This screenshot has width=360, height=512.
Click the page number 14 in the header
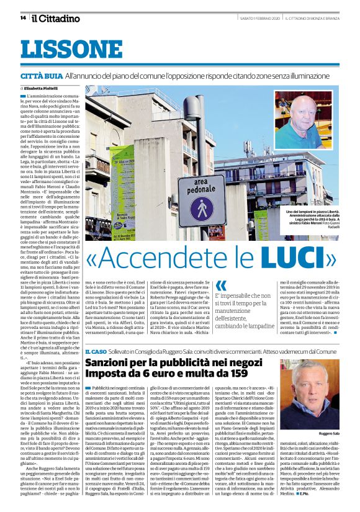(23, 17)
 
